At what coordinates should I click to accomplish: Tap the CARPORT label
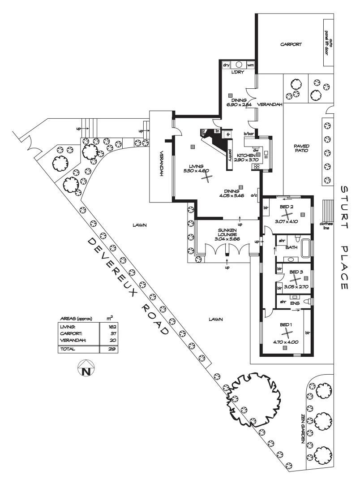coord(291,44)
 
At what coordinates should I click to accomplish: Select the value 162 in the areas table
coord(112,327)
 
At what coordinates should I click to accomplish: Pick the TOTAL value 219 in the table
coord(112,349)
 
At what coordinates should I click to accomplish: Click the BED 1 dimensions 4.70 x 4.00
coord(286,341)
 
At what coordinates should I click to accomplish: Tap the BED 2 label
coord(287,207)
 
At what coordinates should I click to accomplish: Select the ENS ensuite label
coord(294,303)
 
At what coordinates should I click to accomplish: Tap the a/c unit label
coord(253,195)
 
